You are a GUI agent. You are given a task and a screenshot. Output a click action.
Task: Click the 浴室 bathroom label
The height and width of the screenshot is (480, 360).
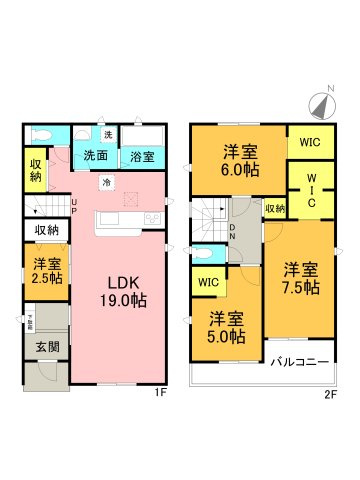pyautogui.click(x=141, y=156)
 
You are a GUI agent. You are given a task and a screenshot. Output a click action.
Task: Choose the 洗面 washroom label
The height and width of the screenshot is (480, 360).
pyautogui.click(x=96, y=156)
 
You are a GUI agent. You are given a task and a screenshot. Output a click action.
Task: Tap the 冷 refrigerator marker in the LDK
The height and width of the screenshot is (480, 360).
pyautogui.click(x=107, y=183)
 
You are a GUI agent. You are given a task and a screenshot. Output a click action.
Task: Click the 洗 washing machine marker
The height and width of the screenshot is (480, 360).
pyautogui.click(x=107, y=135)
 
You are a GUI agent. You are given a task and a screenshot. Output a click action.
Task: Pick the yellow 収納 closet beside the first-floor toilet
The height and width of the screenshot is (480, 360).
pyautogui.click(x=35, y=170)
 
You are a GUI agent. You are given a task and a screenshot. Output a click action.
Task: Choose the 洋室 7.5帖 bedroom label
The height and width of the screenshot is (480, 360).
pyautogui.click(x=299, y=278)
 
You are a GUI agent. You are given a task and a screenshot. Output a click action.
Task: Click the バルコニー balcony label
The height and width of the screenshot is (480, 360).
pyautogui.click(x=298, y=361)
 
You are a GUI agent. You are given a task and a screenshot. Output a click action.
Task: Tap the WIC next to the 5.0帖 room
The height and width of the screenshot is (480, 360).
pyautogui.click(x=207, y=283)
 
